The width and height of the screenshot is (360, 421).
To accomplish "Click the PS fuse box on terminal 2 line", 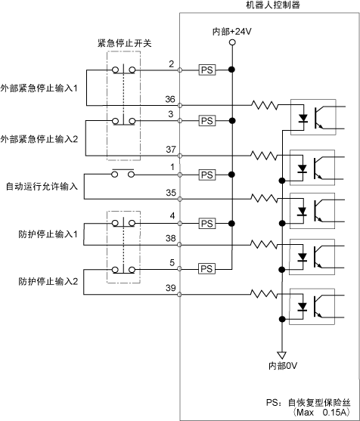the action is coord(207,70).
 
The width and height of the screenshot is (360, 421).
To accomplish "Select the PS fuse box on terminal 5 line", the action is coord(207,269).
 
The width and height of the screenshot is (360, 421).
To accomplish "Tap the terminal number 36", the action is coord(170,99).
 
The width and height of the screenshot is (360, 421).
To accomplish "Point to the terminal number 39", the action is coord(171,288).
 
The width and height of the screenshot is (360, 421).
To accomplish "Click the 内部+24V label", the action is coord(232,32).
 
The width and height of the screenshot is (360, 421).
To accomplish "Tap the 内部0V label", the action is coord(283,366).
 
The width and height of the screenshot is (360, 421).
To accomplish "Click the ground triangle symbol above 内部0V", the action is coord(282,355).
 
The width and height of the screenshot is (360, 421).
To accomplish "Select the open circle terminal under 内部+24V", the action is coord(232,42).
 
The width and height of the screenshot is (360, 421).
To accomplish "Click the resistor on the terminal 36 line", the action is coord(265,105).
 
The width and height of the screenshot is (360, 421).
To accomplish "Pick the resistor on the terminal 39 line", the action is coord(263,294).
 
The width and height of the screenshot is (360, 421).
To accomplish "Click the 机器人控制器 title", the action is coord(273,5).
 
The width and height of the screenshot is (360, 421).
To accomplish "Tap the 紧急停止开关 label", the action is coord(124,43).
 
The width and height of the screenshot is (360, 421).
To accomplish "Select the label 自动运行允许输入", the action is coord(42,187).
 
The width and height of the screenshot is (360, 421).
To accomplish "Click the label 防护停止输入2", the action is coord(48,281).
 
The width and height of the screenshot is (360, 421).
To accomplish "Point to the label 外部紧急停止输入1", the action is coord(39,88).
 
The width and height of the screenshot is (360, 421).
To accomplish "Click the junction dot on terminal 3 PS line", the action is coord(232,121).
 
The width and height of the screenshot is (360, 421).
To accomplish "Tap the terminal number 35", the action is coord(171,193).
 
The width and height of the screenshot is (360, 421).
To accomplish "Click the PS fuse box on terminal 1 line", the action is coord(207,175).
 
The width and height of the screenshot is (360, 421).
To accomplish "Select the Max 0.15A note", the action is coord(321,412).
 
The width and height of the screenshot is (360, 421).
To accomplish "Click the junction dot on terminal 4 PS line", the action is coord(231,224).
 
